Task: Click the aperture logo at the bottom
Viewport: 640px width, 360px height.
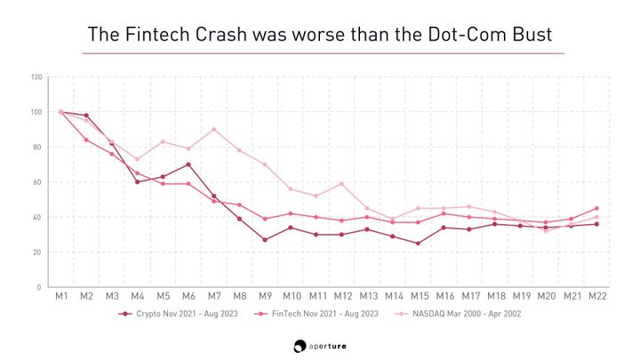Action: (x=320, y=344)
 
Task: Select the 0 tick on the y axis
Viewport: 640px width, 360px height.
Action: (x=40, y=287)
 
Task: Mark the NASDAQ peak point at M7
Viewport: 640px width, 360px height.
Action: (x=213, y=130)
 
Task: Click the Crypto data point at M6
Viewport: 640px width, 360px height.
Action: (x=188, y=164)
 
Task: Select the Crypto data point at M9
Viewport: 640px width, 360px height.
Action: (x=264, y=240)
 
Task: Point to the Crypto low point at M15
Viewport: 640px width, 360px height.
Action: (x=417, y=244)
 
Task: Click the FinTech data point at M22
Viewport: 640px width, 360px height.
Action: (x=596, y=209)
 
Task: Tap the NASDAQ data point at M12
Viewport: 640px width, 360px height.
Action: (x=340, y=184)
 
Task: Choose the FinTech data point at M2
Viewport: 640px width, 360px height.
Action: (x=86, y=140)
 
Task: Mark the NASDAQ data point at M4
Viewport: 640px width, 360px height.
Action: (x=137, y=160)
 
